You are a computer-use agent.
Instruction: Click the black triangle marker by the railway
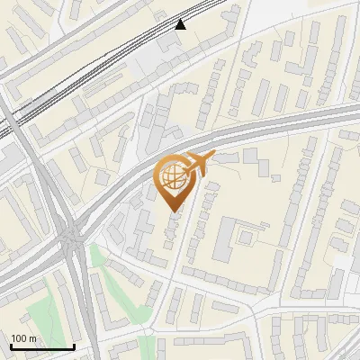pyautogui.click(x=181, y=24)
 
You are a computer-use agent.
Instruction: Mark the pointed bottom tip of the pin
pyautogui.click(x=172, y=211)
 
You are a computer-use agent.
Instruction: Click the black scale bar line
pyautogui.click(x=41, y=346)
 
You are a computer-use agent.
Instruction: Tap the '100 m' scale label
pyautogui.click(x=23, y=338)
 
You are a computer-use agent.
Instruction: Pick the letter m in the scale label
pyautogui.click(x=31, y=338)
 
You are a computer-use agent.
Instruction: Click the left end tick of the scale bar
pyautogui.click(x=11, y=346)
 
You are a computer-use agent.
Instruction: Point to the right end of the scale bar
pyautogui.click(x=73, y=346)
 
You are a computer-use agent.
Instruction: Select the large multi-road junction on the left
pyautogui.click(x=71, y=237)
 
